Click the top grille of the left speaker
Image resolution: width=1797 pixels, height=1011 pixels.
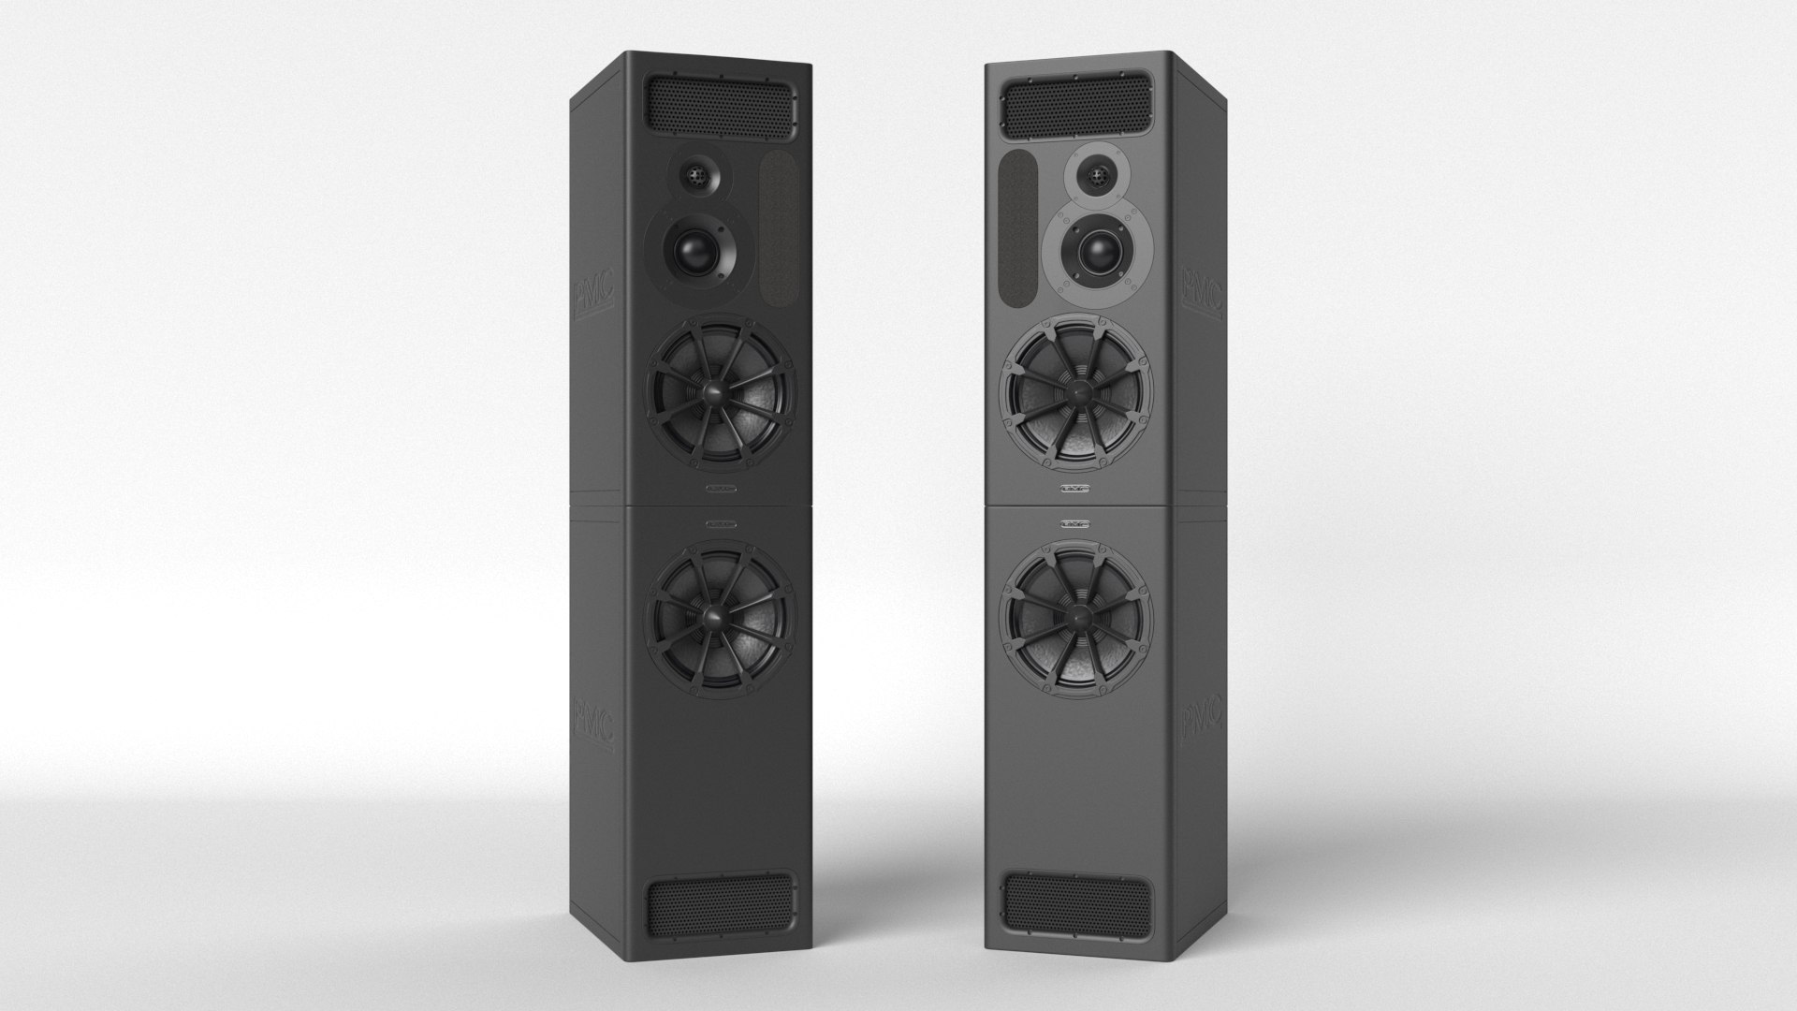pos(719,106)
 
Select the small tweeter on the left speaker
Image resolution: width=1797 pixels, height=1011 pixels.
pos(694,175)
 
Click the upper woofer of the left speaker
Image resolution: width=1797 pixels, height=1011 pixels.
pos(721,393)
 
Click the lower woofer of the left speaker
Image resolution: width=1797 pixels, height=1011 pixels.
pos(721,615)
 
